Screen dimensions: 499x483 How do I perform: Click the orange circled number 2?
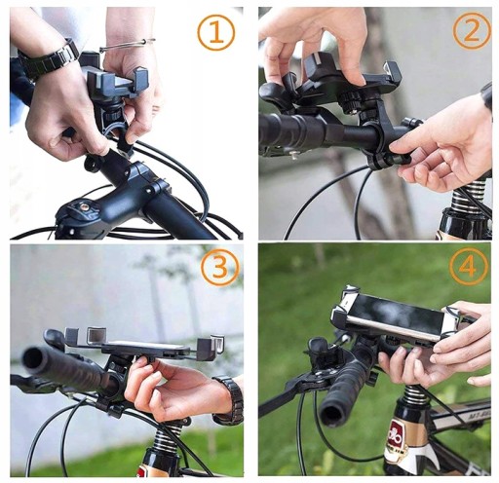coord(472,30)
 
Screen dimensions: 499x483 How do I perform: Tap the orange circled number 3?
coord(219,266)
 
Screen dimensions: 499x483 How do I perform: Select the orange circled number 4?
coord(469,267)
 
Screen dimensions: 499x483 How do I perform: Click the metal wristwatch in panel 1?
coord(49,60)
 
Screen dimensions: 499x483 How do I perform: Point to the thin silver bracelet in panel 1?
coord(128,45)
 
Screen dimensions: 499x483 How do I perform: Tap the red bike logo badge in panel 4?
coord(397,435)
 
